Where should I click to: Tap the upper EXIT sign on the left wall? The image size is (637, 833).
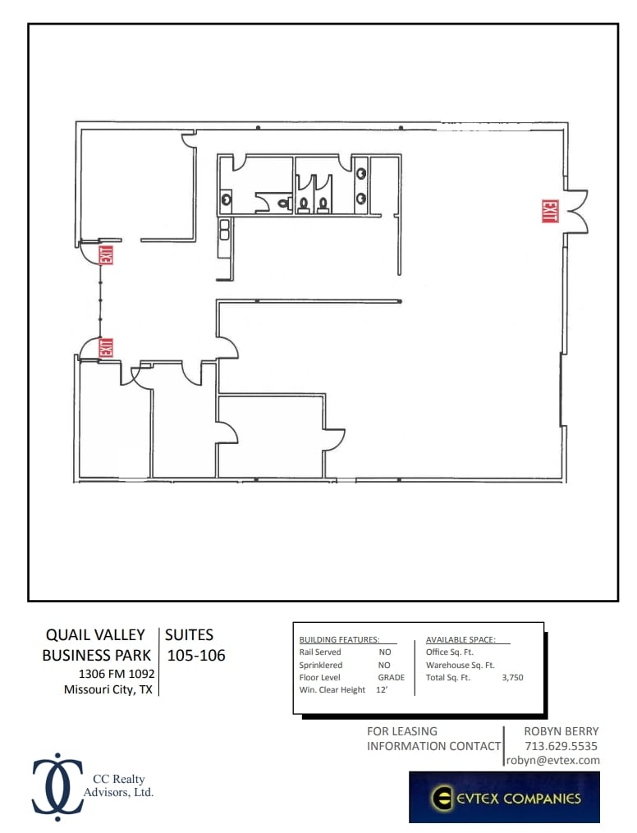[105, 255]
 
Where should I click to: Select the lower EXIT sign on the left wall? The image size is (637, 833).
[105, 347]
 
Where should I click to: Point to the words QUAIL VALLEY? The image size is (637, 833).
[95, 634]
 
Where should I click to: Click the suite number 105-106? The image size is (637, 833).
[196, 656]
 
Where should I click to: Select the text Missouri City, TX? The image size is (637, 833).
[108, 690]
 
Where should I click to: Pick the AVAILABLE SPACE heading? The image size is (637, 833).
[460, 639]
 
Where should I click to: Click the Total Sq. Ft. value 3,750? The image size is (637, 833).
[512, 678]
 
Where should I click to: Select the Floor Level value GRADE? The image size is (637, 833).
[391, 678]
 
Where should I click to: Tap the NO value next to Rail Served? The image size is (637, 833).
[384, 652]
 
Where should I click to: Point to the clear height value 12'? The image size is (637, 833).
[381, 690]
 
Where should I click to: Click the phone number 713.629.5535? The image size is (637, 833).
[561, 746]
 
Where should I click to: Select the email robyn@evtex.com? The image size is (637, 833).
[552, 761]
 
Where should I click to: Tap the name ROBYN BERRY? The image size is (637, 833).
[561, 731]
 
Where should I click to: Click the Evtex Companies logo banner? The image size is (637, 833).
[504, 797]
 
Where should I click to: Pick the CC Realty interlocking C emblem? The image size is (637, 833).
[57, 786]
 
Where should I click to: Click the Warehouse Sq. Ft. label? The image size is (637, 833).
[460, 666]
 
